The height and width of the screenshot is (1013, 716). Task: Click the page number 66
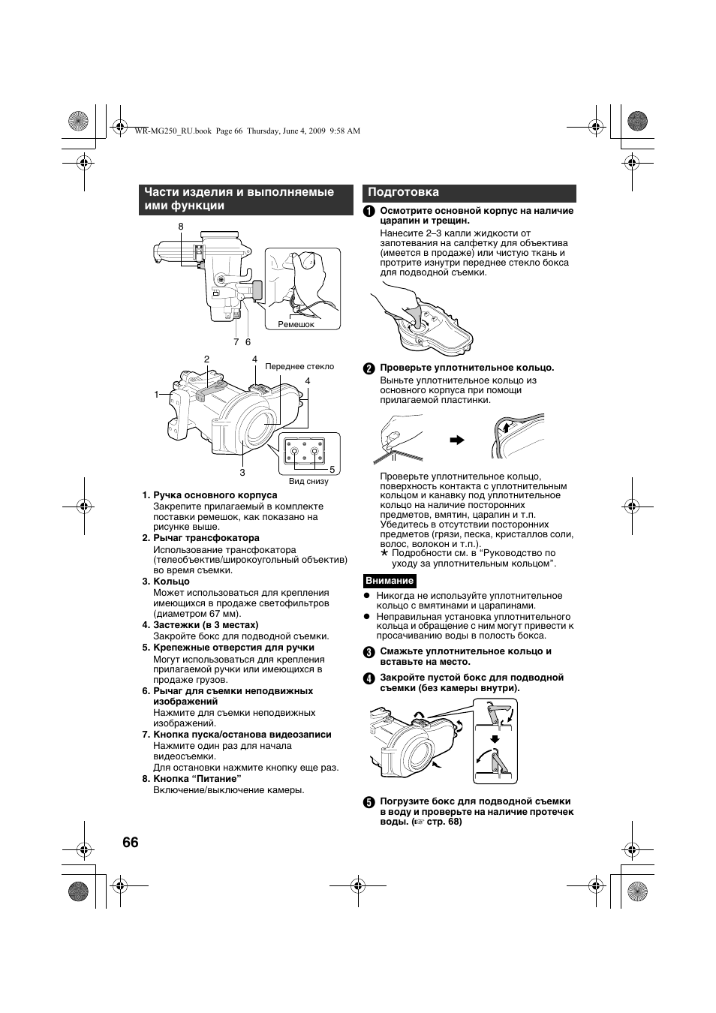(130, 842)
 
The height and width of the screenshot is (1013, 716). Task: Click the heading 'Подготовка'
(403, 193)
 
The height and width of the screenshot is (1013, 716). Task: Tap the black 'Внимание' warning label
(390, 581)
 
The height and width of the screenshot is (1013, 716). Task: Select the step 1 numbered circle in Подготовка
(369, 212)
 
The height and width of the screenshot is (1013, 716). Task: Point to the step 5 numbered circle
(369, 802)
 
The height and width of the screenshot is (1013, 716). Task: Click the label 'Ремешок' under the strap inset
(296, 325)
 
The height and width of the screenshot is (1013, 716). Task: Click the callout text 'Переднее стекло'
(299, 366)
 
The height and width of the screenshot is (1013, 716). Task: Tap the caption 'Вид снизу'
(308, 481)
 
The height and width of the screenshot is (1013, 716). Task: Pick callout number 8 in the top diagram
(181, 227)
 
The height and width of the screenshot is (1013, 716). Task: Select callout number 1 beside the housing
(158, 394)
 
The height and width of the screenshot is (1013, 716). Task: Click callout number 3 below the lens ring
(242, 472)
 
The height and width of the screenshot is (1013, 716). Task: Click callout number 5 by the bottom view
(332, 470)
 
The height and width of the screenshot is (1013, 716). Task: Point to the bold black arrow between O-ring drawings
(457, 440)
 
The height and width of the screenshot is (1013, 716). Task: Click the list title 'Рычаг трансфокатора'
(206, 538)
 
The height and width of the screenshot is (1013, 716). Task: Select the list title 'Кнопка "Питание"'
(197, 779)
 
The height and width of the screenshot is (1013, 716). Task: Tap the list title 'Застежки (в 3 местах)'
(206, 625)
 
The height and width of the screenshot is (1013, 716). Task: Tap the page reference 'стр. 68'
(444, 822)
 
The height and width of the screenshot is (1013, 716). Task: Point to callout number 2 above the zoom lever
(206, 359)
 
